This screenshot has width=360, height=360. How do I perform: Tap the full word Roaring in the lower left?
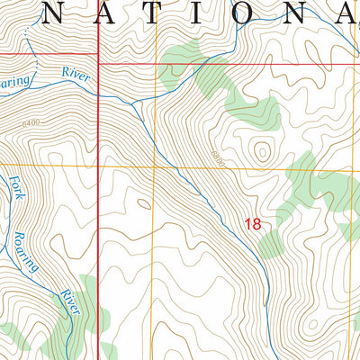point(24,253)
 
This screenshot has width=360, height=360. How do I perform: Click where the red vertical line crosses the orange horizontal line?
point(97,166)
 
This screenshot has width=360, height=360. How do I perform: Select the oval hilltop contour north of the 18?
point(262,148)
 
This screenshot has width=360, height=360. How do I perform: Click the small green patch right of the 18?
point(273,240)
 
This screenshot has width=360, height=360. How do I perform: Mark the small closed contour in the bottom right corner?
point(337,337)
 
